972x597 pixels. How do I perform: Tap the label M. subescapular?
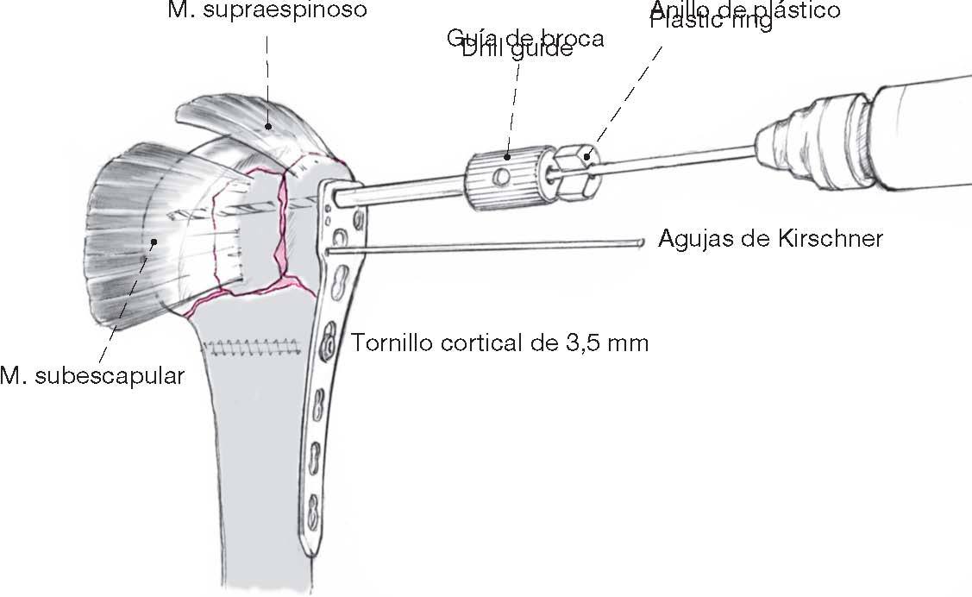(92, 377)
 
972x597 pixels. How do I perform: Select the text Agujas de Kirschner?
(770, 238)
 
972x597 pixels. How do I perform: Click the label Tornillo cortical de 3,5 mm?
(499, 342)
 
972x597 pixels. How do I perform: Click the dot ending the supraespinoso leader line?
(268, 126)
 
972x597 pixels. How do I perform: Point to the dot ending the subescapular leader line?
(154, 242)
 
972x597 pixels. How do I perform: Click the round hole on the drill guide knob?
(499, 177)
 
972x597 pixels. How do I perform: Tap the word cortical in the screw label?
(470, 342)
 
